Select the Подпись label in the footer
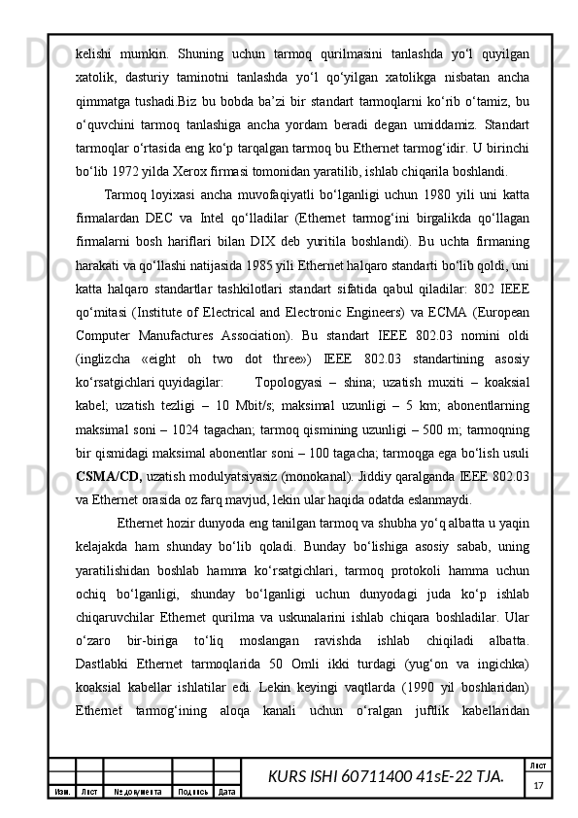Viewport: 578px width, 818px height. pos(193,792)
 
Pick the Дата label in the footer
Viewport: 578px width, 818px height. pos(227,792)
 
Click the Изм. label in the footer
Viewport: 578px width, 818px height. pos(61,792)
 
